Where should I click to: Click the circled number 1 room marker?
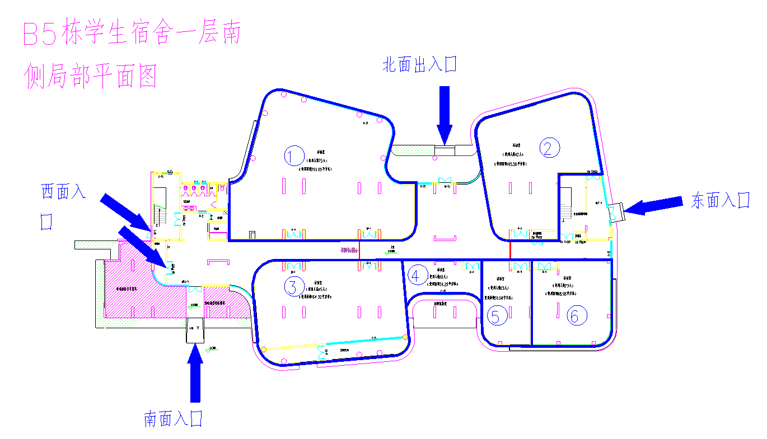click(x=293, y=156)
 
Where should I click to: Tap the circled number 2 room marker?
click(x=549, y=147)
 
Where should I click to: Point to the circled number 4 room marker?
click(x=415, y=275)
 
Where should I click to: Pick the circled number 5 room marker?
click(x=496, y=317)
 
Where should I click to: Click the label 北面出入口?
click(x=419, y=65)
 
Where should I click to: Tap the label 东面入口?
click(x=720, y=200)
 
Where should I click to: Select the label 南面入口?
click(x=173, y=419)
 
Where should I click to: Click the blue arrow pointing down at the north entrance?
click(x=445, y=115)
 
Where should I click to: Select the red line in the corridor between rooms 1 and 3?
click(x=360, y=250)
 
